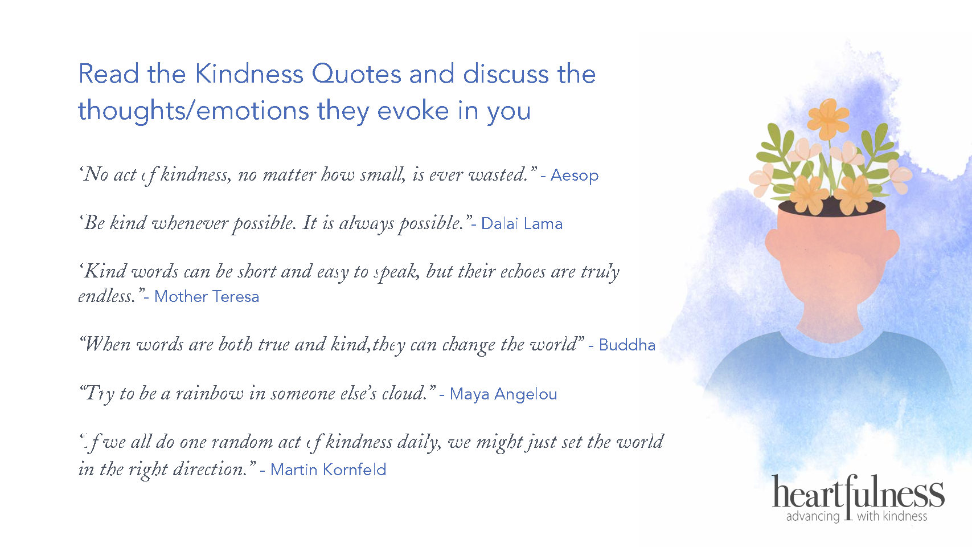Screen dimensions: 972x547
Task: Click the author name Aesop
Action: pyautogui.click(x=575, y=175)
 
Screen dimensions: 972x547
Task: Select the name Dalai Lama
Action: pyautogui.click(x=522, y=223)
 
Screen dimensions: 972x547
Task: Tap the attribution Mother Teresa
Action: pyautogui.click(x=207, y=296)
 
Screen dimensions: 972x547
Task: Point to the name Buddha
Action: pyautogui.click(x=627, y=345)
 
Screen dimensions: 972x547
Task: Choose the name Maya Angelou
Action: pyautogui.click(x=503, y=394)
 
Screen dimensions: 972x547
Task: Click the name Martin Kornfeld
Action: pyautogui.click(x=328, y=470)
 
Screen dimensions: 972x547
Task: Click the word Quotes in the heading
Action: pyautogui.click(x=356, y=74)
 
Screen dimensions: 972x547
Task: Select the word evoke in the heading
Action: pyautogui.click(x=413, y=111)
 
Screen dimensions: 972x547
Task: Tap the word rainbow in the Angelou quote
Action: pyautogui.click(x=209, y=393)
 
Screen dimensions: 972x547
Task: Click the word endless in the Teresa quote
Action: pyautogui.click(x=105, y=296)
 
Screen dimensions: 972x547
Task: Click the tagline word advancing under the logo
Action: pyautogui.click(x=813, y=517)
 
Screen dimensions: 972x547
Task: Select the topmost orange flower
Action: pyautogui.click(x=829, y=119)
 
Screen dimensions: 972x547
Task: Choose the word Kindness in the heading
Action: pyautogui.click(x=249, y=74)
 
